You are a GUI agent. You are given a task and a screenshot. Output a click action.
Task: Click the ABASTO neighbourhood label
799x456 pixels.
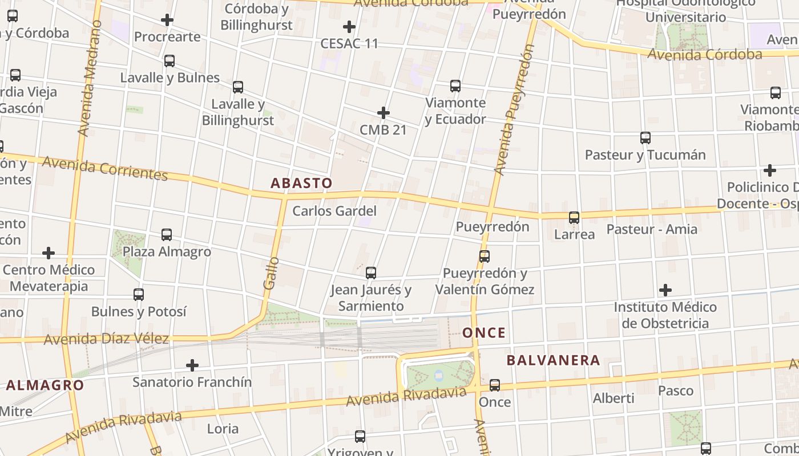(301, 183)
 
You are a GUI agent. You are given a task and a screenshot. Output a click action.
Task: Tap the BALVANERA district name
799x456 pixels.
(553, 360)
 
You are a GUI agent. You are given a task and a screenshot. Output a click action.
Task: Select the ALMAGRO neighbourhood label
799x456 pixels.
(45, 385)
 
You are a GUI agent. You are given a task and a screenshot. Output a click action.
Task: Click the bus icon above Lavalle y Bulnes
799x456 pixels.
(170, 61)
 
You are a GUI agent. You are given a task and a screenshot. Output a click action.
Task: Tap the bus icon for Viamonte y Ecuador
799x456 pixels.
(455, 86)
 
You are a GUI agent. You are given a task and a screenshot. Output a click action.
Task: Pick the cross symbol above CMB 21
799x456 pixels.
(384, 112)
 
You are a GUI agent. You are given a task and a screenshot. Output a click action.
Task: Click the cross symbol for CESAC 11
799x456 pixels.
(349, 26)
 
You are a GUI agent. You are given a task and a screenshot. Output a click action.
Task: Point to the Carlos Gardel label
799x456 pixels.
(334, 211)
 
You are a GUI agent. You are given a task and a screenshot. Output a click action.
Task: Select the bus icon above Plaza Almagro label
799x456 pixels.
(167, 234)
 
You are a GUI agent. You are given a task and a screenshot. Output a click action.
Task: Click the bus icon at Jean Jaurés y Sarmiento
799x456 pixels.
(371, 273)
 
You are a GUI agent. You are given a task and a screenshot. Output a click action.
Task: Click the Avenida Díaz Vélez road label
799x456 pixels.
(106, 339)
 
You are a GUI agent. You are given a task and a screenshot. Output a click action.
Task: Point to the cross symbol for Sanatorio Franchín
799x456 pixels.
(192, 365)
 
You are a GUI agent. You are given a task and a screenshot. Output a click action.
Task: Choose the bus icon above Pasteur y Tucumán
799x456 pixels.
(645, 137)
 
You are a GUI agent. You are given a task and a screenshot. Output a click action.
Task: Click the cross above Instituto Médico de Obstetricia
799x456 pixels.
(665, 290)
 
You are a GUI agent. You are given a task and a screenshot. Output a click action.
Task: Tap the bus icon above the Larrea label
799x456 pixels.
(574, 217)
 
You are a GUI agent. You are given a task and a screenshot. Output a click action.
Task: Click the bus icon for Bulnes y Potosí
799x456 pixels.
(139, 295)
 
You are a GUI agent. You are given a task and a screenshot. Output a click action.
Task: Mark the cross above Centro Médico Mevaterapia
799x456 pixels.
(49, 253)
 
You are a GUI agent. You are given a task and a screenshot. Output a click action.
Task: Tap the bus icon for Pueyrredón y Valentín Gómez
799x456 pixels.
(485, 256)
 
